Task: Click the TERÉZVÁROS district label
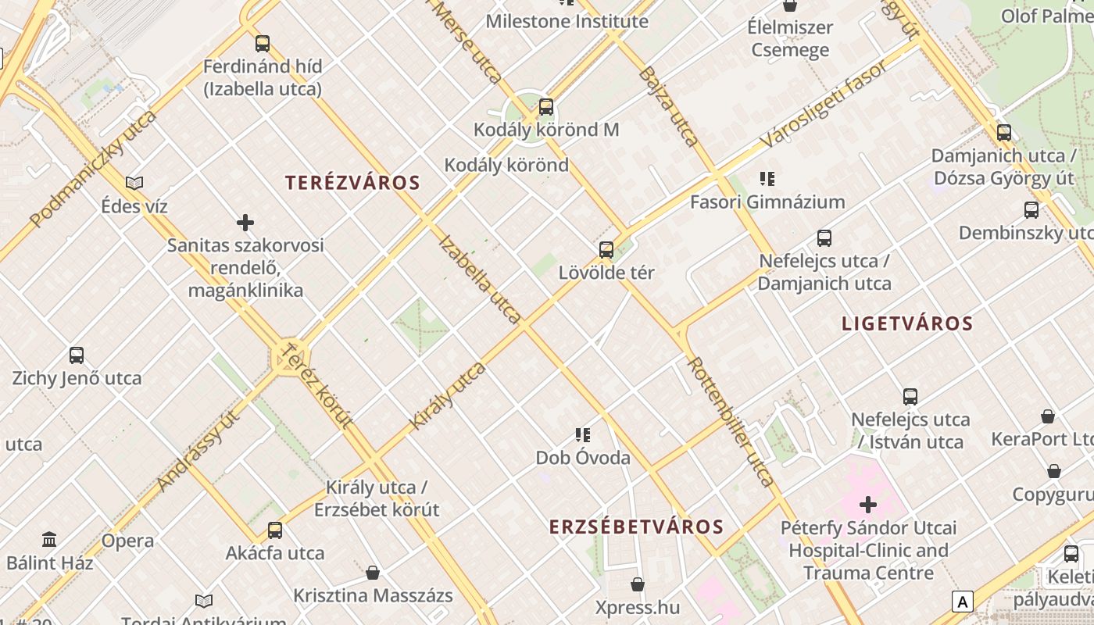[x=352, y=183]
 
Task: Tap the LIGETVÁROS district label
[x=907, y=323]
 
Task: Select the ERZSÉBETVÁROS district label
[x=636, y=527]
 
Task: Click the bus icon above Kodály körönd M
[x=546, y=107]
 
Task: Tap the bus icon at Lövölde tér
[x=606, y=250]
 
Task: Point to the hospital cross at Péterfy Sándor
[x=868, y=505]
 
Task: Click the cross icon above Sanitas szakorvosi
[x=245, y=223]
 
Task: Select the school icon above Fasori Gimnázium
[x=767, y=179]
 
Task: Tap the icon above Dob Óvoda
[x=582, y=434]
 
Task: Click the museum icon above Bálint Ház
[x=50, y=539]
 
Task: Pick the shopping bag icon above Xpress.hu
[x=638, y=584]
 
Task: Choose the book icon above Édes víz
[x=134, y=183]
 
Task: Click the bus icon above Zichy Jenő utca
[x=77, y=355]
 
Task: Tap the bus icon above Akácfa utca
[x=275, y=530]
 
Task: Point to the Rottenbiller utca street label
[x=731, y=422]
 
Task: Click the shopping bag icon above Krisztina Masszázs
[x=373, y=573]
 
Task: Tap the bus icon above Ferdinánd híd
[x=263, y=44]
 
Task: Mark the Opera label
[x=127, y=541]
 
